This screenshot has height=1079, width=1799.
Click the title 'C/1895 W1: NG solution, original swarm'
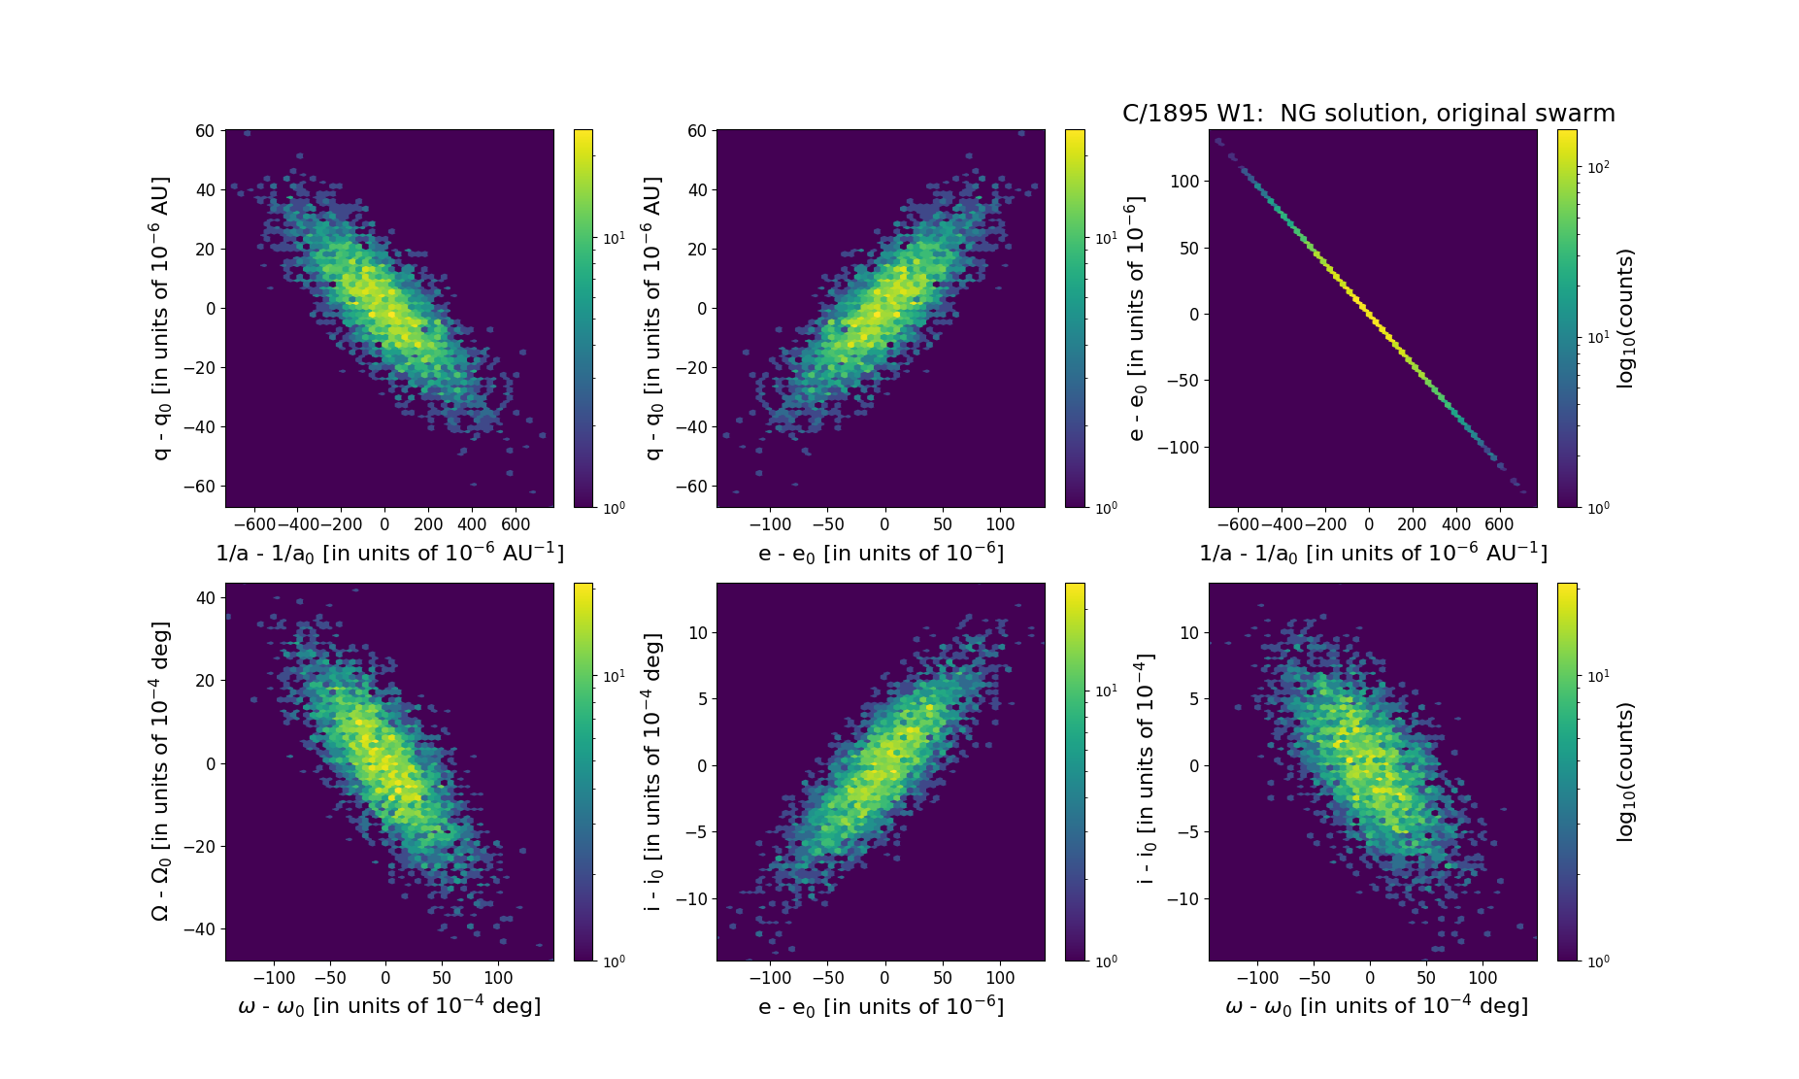click(1368, 114)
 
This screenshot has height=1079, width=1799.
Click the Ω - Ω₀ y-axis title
click(161, 771)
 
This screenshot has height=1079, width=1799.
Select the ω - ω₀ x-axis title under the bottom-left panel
click(389, 1006)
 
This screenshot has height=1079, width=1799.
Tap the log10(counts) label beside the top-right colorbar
click(1625, 319)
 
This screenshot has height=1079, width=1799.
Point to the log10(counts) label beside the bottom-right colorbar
click(1625, 772)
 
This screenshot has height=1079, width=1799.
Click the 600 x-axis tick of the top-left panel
click(516, 524)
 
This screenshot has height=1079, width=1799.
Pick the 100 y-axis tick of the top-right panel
click(1184, 182)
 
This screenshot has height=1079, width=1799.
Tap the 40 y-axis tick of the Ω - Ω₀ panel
click(205, 598)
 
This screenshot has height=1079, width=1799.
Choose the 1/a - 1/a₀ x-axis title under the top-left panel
click(389, 553)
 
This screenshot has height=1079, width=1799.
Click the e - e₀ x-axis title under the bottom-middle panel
click(881, 1006)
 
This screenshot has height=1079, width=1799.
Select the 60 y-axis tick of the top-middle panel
click(696, 131)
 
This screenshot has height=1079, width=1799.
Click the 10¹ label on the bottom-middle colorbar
click(1107, 691)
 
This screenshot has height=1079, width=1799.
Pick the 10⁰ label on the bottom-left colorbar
click(615, 961)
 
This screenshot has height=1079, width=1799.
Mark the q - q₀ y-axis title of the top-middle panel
click(653, 319)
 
